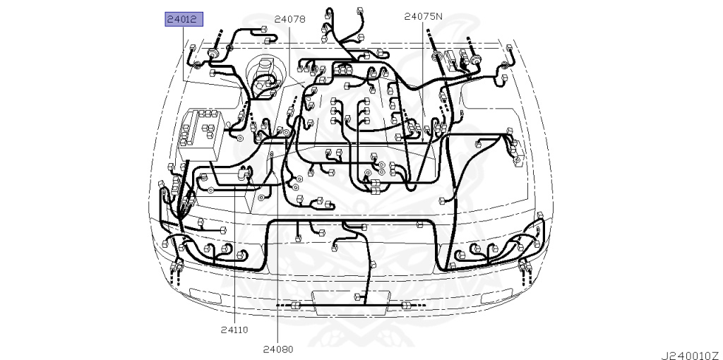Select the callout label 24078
[290, 19]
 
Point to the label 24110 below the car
[234, 329]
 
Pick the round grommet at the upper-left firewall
[213, 54]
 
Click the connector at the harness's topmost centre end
[328, 11]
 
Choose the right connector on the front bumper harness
[405, 305]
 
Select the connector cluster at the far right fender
[516, 148]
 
